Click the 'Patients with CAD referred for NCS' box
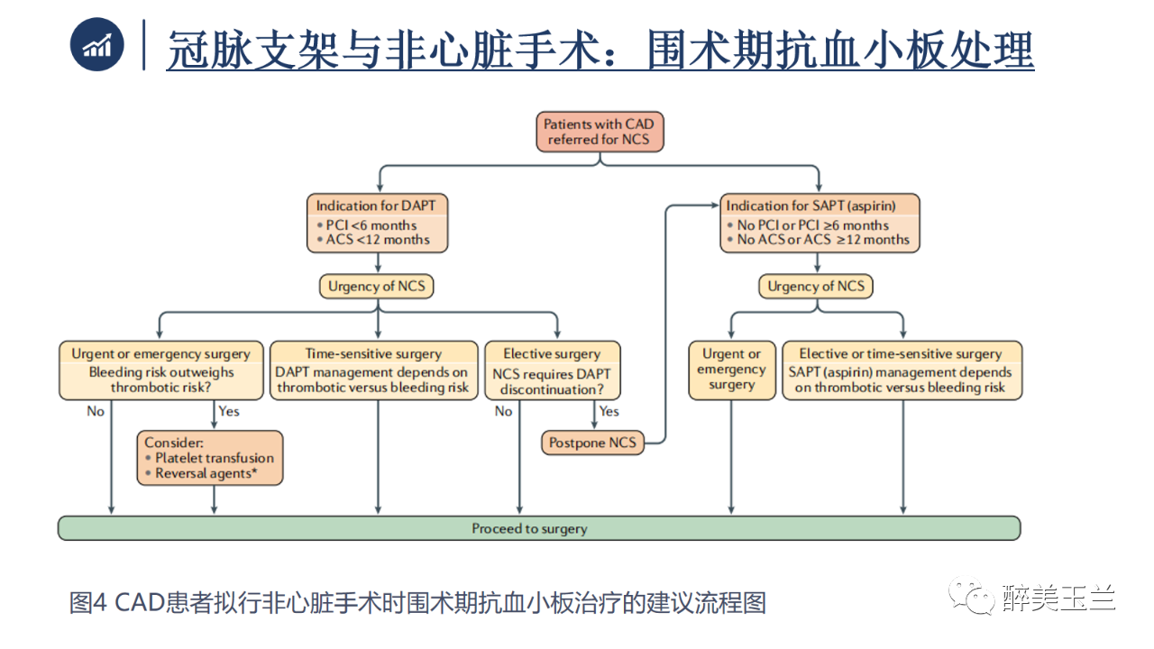coord(599,132)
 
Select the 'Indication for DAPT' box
coord(377,223)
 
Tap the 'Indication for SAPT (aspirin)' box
coord(819,223)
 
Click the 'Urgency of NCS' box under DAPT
coord(377,287)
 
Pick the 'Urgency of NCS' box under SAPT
coord(816,287)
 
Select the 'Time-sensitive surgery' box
coord(373,370)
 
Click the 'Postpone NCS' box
coord(592,443)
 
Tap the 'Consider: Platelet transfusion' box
coord(209,458)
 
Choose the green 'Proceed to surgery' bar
coord(538,528)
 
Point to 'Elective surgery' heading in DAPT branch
coord(552,353)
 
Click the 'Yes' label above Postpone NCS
coord(609,411)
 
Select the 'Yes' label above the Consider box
coord(229,411)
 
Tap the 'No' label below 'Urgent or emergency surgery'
coord(96,411)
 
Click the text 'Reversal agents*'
coord(214,472)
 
